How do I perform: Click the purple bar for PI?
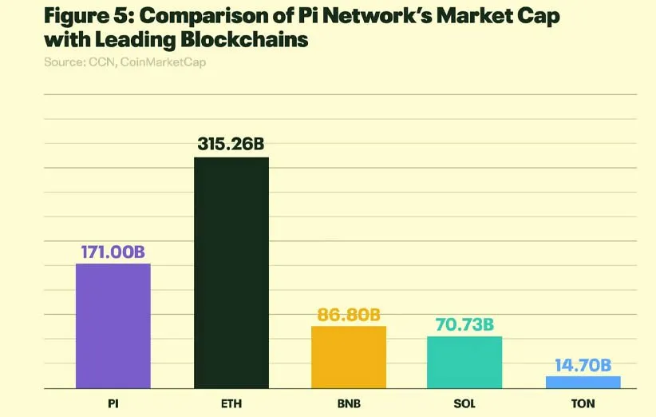(113, 326)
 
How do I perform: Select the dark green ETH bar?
(231, 272)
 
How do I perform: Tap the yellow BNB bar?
(349, 357)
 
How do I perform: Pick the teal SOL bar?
(464, 362)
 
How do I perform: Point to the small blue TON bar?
(583, 382)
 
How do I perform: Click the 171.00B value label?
(113, 252)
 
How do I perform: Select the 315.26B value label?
(231, 145)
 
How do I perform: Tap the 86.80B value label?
(349, 315)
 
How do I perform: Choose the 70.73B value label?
(464, 324)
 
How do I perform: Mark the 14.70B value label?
(583, 365)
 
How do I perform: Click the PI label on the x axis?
(113, 403)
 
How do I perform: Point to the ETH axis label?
(231, 403)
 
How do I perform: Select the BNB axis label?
(349, 403)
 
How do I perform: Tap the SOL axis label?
(464, 403)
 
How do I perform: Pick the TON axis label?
(583, 403)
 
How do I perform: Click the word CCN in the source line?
(101, 62)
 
